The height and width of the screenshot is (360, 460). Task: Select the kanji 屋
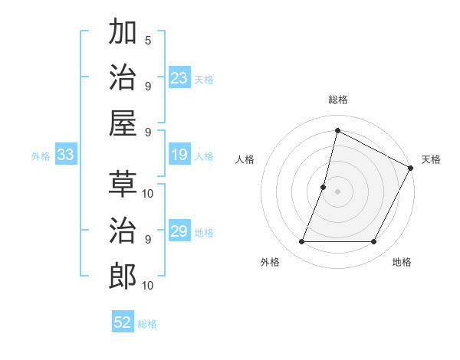123,123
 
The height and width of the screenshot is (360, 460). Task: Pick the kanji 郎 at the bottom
123,276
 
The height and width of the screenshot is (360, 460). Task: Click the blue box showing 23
179,78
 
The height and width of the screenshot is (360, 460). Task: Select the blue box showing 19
179,155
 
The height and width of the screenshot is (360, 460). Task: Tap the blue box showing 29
179,231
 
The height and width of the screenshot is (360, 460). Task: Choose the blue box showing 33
65,155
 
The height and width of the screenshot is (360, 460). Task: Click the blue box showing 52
123,322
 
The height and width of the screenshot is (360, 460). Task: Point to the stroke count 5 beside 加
148,40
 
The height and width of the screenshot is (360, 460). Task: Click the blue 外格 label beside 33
41,155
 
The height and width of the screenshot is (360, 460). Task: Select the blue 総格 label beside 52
147,323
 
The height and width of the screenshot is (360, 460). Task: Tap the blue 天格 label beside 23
204,79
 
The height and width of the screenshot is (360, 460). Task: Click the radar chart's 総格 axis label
337,100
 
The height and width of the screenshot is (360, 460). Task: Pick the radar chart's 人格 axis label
245,159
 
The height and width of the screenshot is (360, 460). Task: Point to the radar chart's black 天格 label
431,159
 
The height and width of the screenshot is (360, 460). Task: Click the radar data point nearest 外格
301,242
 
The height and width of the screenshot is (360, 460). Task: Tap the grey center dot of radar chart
337,191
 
